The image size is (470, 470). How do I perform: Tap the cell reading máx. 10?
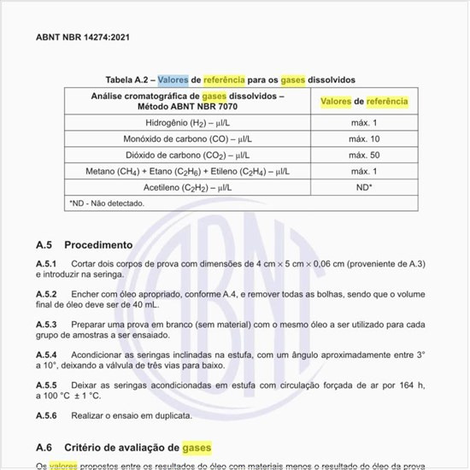pyautogui.click(x=365, y=139)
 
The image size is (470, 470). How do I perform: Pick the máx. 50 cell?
pyautogui.click(x=365, y=156)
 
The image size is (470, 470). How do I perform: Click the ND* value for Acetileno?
pyautogui.click(x=365, y=186)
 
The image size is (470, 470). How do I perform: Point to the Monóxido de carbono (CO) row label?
pyautogui.click(x=190, y=139)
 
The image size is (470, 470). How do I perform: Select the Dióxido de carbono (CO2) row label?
pyautogui.click(x=190, y=156)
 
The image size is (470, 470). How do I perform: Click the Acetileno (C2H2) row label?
pyautogui.click(x=188, y=186)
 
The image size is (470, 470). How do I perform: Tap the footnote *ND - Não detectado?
pyautogui.click(x=107, y=203)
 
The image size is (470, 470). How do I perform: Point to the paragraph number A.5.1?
pyautogui.click(x=46, y=263)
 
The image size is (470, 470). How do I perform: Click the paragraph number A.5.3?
pyautogui.click(x=46, y=325)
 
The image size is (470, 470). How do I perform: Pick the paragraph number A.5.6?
pyautogui.click(x=46, y=416)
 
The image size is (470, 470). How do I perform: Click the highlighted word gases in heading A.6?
pyautogui.click(x=196, y=447)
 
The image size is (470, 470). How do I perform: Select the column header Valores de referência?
pyautogui.click(x=365, y=102)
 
